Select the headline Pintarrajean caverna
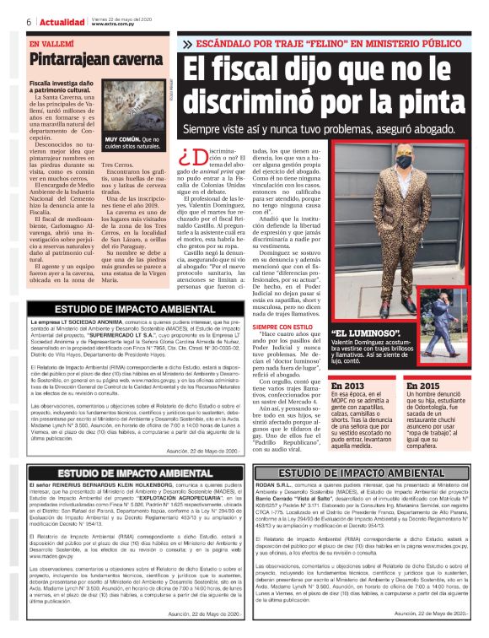pyautogui.click(x=90, y=60)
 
